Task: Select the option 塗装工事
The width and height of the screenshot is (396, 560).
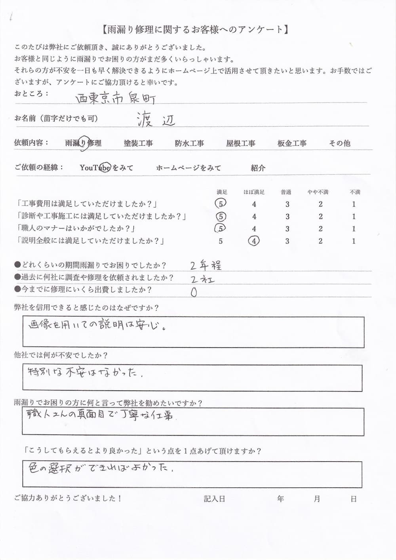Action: click(138, 143)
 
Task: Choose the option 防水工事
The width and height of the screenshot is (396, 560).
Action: click(189, 143)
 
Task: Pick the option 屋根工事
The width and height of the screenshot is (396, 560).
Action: click(241, 143)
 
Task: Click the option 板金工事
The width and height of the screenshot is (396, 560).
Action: click(292, 143)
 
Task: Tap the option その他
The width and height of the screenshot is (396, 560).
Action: click(340, 143)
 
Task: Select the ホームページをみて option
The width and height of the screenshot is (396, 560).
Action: click(188, 168)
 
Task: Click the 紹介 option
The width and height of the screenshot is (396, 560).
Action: click(258, 168)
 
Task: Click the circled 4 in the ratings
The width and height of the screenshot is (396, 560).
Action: click(254, 241)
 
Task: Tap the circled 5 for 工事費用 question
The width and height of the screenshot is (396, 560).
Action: click(221, 204)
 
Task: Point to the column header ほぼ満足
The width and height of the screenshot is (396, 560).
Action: click(254, 192)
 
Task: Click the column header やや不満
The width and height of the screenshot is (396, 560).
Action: click(318, 192)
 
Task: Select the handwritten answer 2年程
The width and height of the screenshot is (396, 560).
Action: click(206, 265)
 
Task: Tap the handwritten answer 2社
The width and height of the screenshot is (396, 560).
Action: click(202, 279)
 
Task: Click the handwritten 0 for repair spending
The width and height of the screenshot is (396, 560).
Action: click(194, 292)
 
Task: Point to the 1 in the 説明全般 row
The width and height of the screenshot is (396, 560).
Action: click(354, 241)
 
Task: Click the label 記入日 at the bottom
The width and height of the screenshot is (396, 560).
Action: click(214, 499)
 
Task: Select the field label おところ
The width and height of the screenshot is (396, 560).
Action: click(31, 93)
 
